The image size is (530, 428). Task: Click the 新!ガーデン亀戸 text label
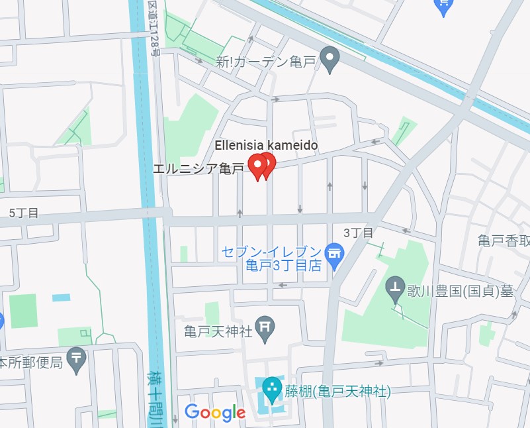pos(265,62)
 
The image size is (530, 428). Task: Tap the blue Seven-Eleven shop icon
pos(334,253)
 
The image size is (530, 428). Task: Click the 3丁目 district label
pos(359,233)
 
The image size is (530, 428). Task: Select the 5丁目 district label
pos(24,213)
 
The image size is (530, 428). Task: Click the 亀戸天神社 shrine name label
pos(218,329)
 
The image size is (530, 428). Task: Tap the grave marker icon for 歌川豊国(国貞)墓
pos(396,288)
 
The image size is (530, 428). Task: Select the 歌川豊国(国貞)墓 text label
pos(460,291)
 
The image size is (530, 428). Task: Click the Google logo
pos(215,412)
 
